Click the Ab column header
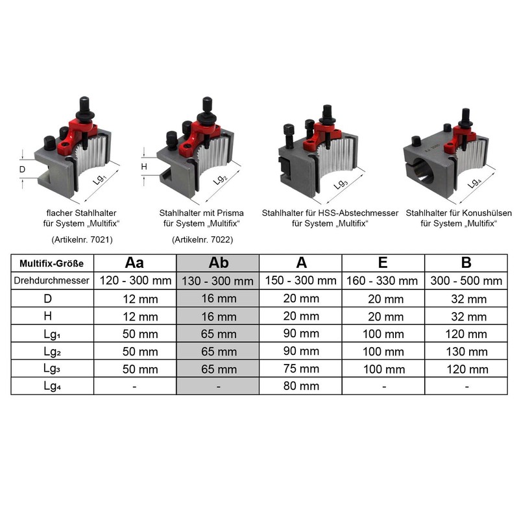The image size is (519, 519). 218,263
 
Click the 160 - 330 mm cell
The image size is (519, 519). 383,281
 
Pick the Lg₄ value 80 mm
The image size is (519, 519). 300,386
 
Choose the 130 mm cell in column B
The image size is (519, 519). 466,352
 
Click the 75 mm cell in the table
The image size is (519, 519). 300,369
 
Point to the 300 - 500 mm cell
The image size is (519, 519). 466,281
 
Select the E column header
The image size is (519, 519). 383,263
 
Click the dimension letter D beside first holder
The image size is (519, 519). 22,170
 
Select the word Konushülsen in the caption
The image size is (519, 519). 485,213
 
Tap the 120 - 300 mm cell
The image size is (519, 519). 135,281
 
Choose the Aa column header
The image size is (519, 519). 135,263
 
